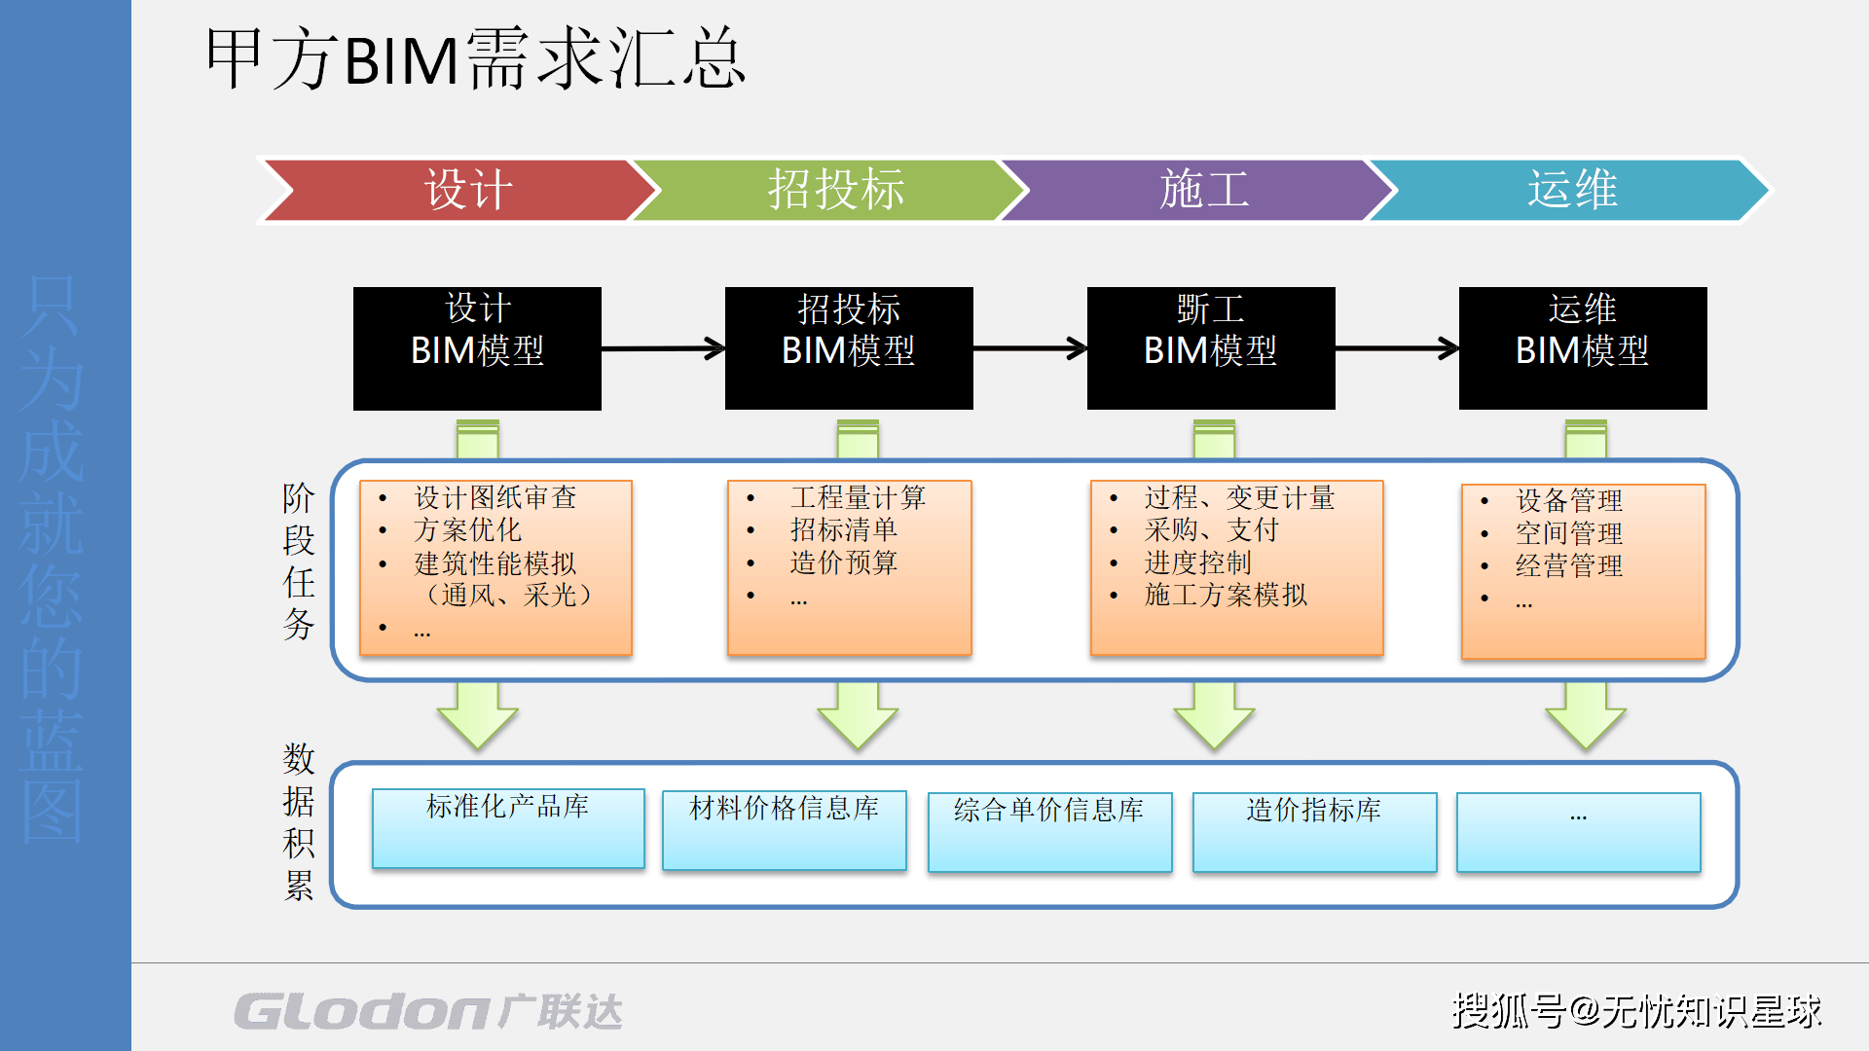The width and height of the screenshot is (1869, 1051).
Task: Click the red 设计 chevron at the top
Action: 458,190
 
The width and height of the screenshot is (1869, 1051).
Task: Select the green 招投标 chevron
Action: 832,190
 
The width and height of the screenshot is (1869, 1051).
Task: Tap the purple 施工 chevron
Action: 1202,190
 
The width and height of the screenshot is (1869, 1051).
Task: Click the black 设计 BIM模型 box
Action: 477,347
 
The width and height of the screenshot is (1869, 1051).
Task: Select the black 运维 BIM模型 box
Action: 1582,347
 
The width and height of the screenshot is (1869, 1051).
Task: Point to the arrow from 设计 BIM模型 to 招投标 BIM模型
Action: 663,348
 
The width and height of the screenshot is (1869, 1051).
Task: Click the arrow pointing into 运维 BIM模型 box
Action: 1397,348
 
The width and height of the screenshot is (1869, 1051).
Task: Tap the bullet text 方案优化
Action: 467,530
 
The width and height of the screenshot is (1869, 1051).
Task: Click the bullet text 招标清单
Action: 843,530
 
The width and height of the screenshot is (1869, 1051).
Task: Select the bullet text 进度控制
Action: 1197,562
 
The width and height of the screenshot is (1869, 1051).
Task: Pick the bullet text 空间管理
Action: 1568,533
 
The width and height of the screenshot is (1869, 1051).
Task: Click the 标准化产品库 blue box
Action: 508,828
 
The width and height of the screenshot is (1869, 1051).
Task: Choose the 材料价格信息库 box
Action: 784,830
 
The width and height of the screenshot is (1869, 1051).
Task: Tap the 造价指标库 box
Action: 1314,832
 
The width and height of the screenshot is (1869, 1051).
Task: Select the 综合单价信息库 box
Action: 1049,832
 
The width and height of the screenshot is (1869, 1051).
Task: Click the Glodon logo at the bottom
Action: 428,1012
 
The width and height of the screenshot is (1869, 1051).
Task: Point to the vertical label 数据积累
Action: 299,822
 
